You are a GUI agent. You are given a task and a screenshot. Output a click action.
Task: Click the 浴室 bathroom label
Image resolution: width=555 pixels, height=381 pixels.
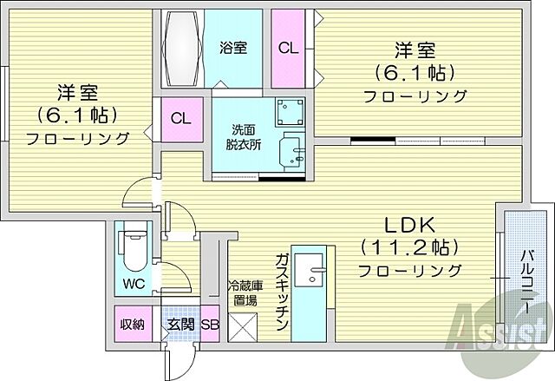tap(233, 48)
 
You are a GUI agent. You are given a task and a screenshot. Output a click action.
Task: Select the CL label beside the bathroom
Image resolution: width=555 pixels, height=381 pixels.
tap(288, 49)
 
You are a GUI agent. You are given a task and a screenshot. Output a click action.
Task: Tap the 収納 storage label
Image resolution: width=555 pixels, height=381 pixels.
tap(132, 325)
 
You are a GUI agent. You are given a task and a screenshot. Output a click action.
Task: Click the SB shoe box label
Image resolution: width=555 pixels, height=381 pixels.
tap(210, 325)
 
